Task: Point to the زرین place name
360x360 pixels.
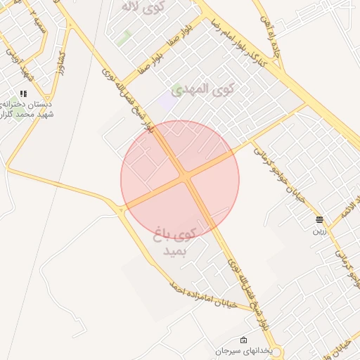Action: [319, 230]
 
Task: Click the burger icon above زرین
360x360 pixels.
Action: [319, 220]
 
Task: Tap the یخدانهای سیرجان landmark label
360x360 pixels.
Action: [243, 349]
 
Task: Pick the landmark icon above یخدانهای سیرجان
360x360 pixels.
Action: [243, 340]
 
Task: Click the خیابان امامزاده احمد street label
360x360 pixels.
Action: [210, 295]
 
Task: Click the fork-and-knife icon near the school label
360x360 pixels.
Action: [23, 94]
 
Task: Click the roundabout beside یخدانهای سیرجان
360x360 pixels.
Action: [276, 351]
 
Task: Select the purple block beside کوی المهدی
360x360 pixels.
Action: [167, 101]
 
